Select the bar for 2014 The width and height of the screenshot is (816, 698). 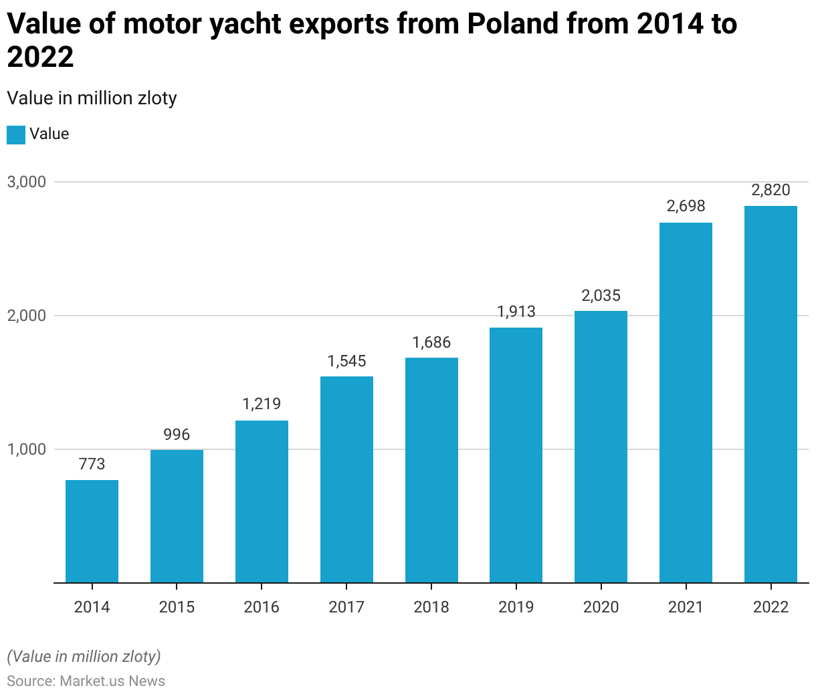click(92, 531)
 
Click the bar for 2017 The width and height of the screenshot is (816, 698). click(346, 479)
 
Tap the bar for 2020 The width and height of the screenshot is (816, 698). click(601, 447)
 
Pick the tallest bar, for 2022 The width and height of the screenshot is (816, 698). click(771, 394)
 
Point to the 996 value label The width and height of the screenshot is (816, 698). click(177, 435)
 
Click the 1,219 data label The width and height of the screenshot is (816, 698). click(262, 404)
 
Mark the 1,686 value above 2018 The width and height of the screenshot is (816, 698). click(431, 342)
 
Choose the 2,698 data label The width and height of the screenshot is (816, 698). click(686, 206)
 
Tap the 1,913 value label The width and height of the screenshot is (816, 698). click(516, 312)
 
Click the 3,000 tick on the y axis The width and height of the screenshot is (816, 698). click(27, 182)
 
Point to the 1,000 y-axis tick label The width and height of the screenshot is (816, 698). click(27, 449)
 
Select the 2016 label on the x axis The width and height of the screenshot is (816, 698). click(262, 607)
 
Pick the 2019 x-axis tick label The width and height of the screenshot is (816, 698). click(516, 607)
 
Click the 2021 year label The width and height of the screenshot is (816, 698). click(686, 607)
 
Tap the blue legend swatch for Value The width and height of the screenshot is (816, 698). click(16, 134)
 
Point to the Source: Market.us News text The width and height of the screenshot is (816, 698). click(86, 681)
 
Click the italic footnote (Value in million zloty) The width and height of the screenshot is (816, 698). click(84, 657)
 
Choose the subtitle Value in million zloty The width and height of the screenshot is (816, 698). click(92, 98)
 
